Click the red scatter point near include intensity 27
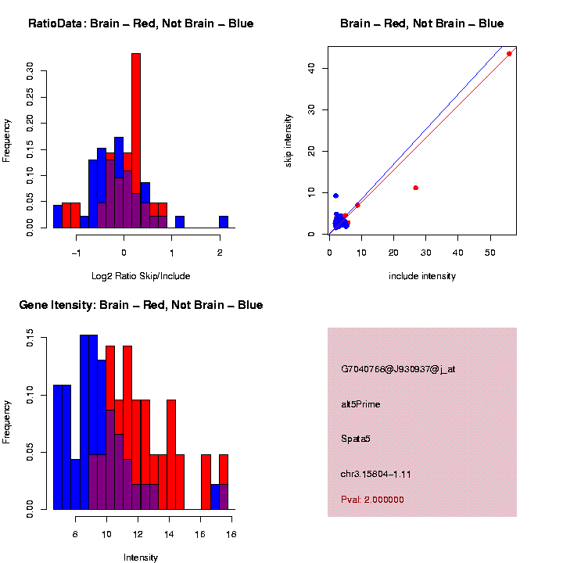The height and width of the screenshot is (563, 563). pos(415,188)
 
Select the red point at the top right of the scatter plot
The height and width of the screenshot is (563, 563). pos(509,53)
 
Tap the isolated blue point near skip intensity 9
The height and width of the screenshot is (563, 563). pos(335,195)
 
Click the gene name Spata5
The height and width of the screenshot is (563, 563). pos(356,439)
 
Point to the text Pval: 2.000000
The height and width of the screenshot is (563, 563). pos(372,500)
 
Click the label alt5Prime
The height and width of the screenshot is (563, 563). pos(360,404)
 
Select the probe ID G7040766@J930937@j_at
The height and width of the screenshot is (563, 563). pos(398,369)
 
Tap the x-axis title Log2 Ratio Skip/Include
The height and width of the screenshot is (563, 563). pos(141,276)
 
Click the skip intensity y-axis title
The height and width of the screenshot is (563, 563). pos(289,139)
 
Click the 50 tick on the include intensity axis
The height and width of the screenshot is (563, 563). pos(489,253)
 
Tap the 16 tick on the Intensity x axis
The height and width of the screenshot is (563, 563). pos(200,534)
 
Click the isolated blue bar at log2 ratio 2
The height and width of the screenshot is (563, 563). pos(224,222)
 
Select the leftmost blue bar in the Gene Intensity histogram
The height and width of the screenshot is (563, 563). pos(62,446)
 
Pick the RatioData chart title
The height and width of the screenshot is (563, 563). pos(141,23)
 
